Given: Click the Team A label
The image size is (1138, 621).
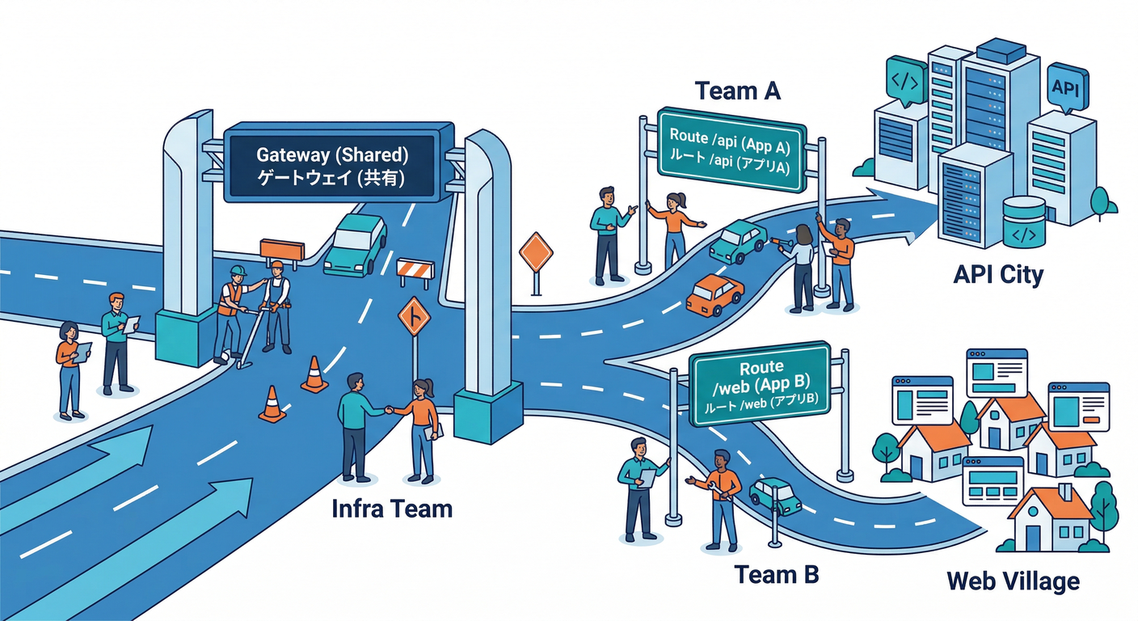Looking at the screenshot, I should (737, 91).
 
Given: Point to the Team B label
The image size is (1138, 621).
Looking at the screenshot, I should (776, 575).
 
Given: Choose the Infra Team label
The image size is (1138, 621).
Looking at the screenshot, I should (392, 509).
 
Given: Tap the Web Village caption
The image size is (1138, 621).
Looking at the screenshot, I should (1012, 581).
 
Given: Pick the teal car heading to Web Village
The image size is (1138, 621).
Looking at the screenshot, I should (776, 495).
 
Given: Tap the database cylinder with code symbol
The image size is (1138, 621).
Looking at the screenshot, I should (1023, 224).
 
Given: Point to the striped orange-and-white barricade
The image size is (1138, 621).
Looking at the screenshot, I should (415, 272).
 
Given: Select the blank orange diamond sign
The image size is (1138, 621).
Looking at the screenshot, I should (535, 253).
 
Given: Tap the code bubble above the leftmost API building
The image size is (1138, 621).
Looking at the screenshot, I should (904, 79).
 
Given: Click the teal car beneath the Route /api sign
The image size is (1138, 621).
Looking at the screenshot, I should (737, 240).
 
